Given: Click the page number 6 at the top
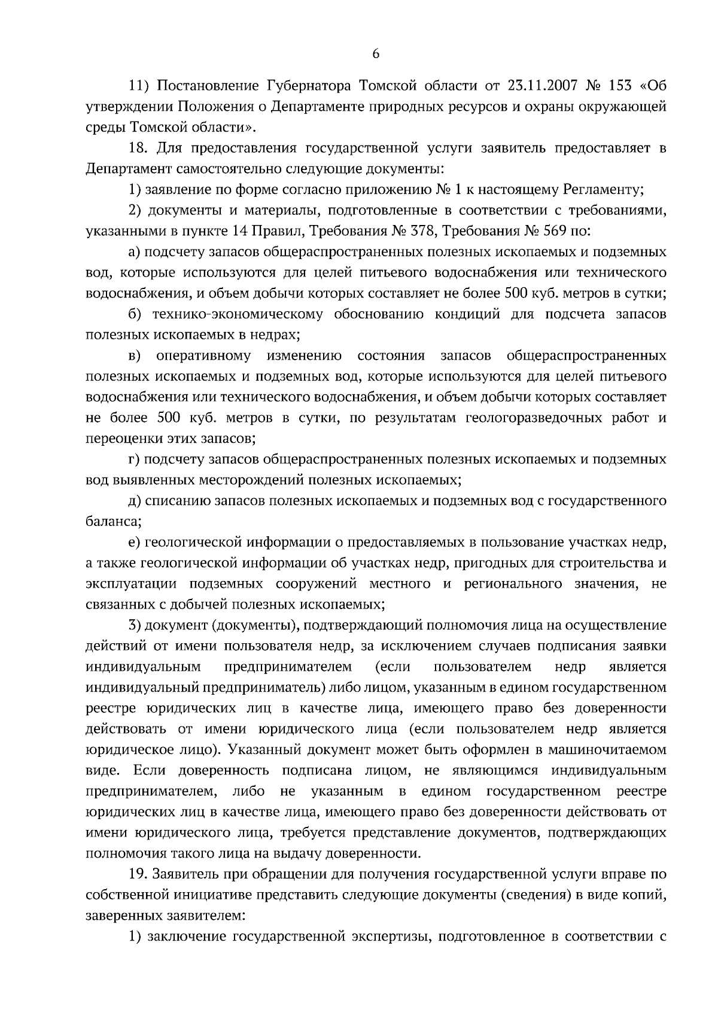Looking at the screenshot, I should point(376,54).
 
